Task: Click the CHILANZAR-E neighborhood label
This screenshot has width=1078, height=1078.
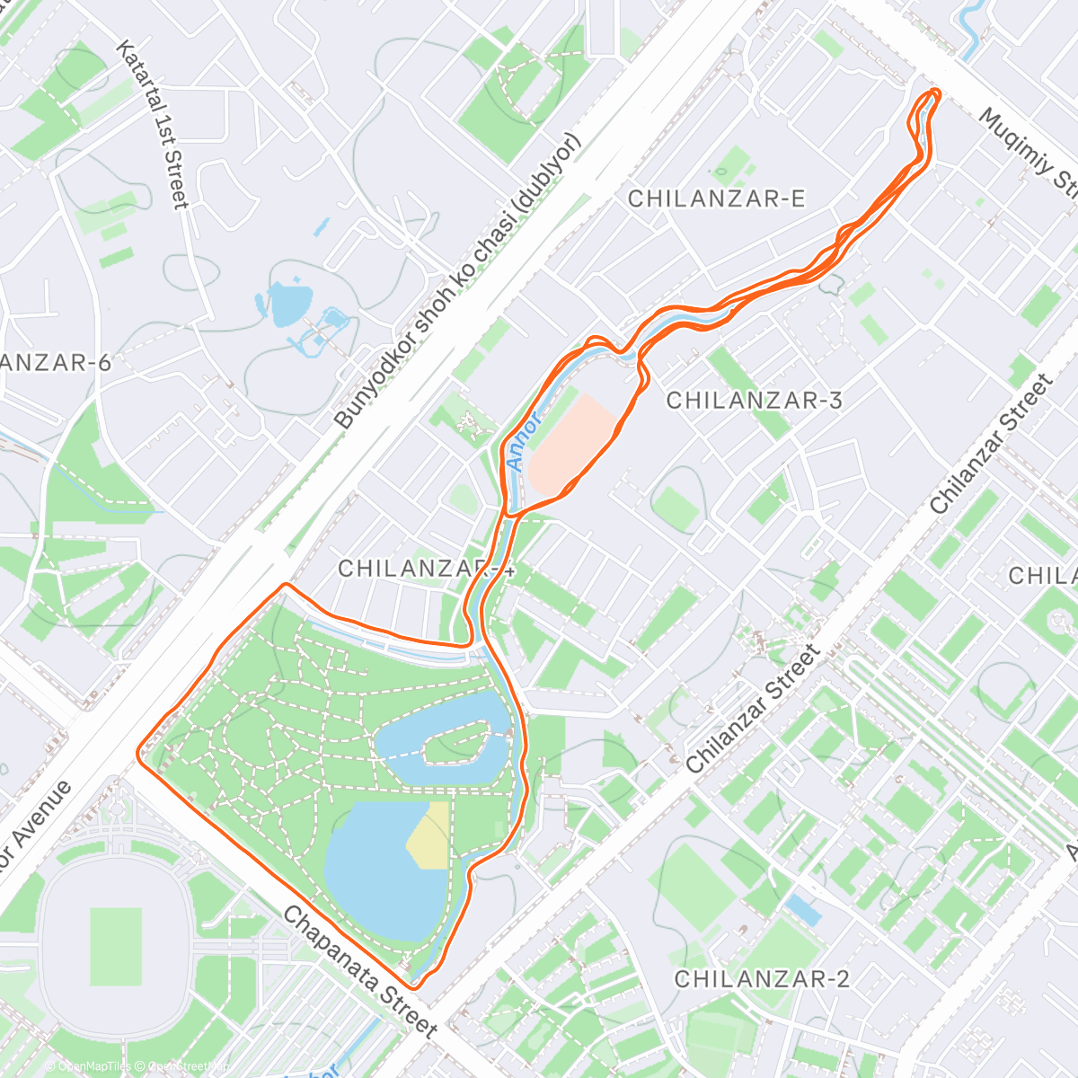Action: click(x=716, y=199)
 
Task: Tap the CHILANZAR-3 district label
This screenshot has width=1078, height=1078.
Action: click(x=755, y=400)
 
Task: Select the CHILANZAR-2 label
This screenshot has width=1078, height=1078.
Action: click(x=762, y=978)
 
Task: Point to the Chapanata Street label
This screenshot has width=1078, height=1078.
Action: click(x=360, y=972)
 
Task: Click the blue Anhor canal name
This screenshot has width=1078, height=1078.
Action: click(x=524, y=440)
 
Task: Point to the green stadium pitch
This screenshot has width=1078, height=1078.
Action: click(x=116, y=943)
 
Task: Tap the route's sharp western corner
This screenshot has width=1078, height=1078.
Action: click(x=139, y=753)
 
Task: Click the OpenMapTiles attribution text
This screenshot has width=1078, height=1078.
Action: click(x=93, y=1067)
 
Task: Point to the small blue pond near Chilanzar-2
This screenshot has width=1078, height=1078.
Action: click(x=802, y=911)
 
